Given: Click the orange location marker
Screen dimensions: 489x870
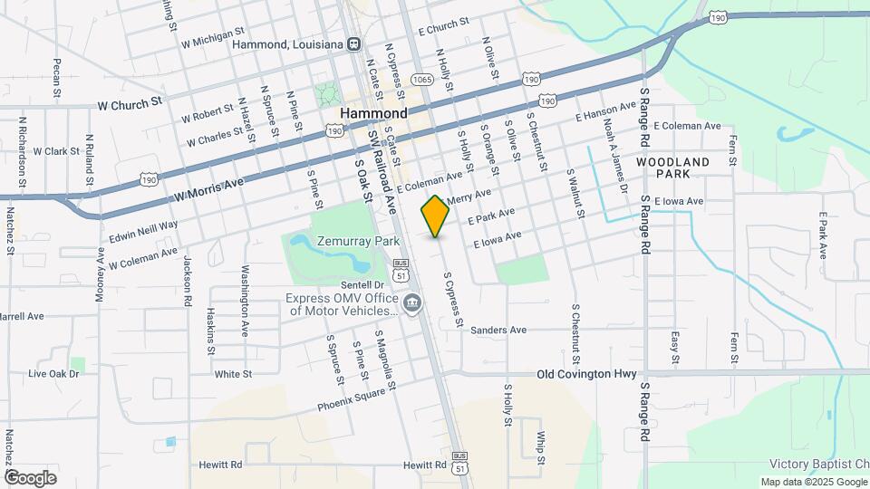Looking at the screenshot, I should coord(435,216).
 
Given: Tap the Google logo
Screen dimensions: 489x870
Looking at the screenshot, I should coord(30,477).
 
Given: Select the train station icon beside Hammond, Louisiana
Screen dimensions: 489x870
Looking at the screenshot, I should coord(355,43).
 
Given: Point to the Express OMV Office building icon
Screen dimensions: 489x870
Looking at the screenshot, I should coord(412,302).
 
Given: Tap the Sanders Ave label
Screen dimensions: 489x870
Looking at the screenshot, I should coord(498,331).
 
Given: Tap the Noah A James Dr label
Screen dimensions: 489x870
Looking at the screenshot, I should coord(614,159).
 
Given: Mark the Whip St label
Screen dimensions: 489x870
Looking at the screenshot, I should coord(540,447).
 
